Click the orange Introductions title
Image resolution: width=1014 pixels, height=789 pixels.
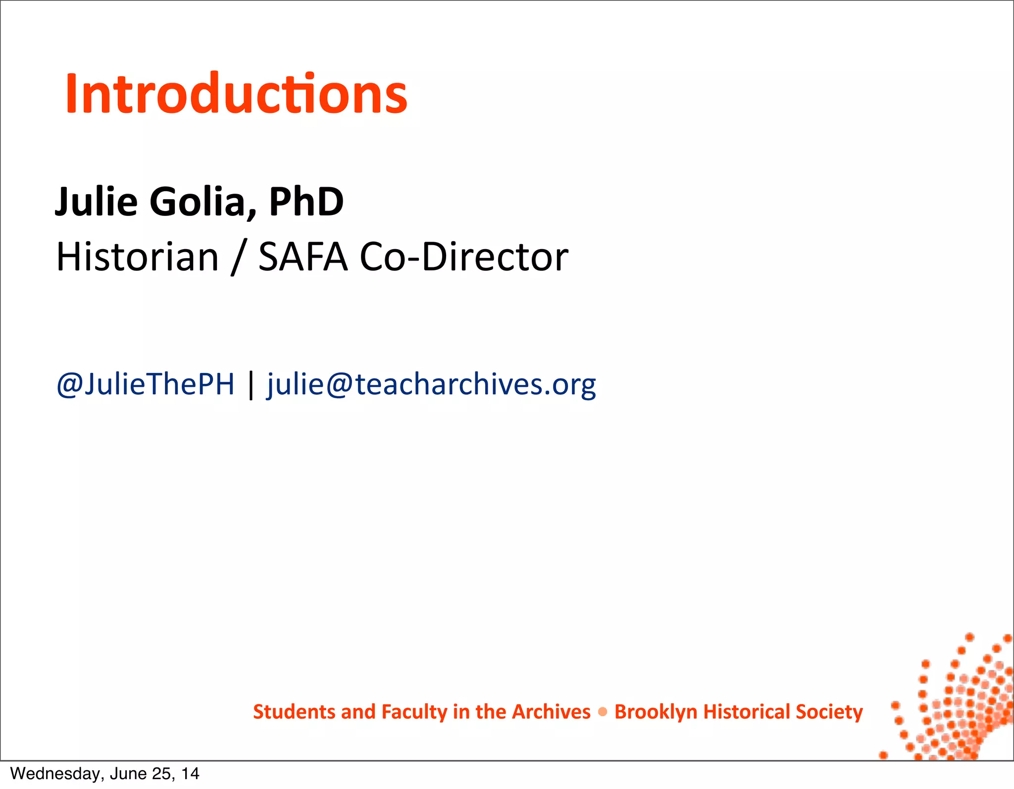click(x=236, y=94)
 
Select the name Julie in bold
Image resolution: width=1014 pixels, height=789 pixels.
click(x=96, y=202)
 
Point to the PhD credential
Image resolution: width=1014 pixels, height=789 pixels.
click(x=306, y=202)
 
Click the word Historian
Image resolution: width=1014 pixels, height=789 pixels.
click(x=137, y=258)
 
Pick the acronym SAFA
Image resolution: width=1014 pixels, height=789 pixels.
click(x=303, y=258)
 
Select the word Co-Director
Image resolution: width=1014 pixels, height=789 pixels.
click(x=464, y=258)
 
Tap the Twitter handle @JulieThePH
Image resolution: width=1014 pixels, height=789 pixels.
click(x=146, y=384)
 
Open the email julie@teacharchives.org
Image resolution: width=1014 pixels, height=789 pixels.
click(x=431, y=385)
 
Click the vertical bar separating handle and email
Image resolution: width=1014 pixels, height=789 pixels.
click(x=251, y=385)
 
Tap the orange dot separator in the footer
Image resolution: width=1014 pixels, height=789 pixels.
click(x=603, y=712)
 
